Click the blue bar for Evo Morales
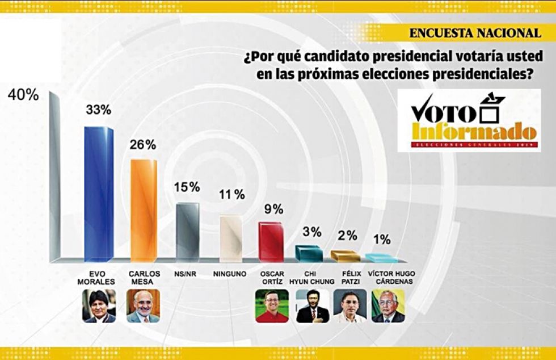click(x=98, y=193)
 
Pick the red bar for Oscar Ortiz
click(x=271, y=241)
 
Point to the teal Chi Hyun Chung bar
click(x=309, y=253)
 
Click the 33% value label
click(x=98, y=110)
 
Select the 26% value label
click(x=143, y=145)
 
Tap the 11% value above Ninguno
click(x=231, y=195)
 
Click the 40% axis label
click(x=23, y=95)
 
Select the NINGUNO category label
click(x=230, y=274)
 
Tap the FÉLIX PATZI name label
click(x=349, y=277)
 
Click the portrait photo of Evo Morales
click(x=99, y=306)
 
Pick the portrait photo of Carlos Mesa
click(x=143, y=306)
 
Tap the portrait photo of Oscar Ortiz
click(x=272, y=306)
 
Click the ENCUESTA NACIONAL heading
click(x=474, y=33)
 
